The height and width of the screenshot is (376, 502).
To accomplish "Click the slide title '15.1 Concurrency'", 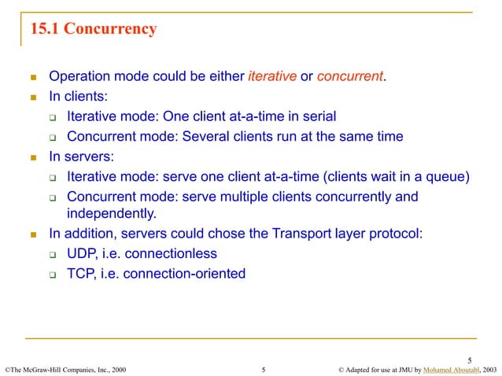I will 93,30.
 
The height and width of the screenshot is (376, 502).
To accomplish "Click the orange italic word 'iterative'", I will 272,76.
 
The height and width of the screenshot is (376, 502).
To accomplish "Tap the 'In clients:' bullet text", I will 78,96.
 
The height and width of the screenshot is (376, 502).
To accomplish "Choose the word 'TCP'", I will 81,274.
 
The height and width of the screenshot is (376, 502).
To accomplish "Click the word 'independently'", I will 109,213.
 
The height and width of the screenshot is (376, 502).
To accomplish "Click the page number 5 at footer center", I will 263,368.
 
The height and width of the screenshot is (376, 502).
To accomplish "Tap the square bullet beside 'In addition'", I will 34,234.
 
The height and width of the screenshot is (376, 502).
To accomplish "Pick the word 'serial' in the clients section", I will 317,116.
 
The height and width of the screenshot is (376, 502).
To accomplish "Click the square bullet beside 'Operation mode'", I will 34,77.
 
